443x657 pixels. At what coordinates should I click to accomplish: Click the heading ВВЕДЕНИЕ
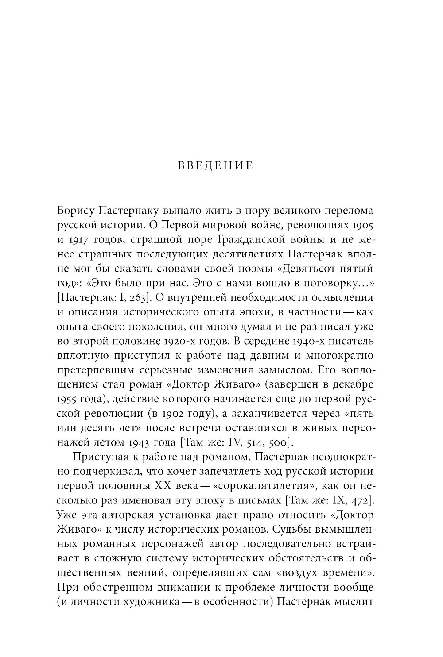click(x=215, y=166)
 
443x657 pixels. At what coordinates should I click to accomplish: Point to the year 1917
click(x=79, y=240)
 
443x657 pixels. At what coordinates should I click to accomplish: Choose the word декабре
click(x=352, y=384)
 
